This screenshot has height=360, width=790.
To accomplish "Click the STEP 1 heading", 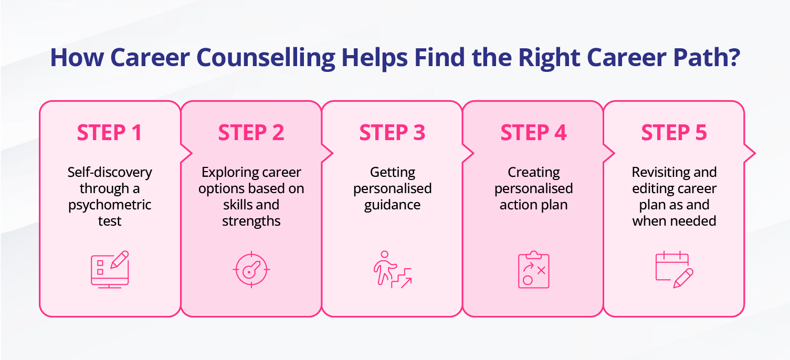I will (x=109, y=133).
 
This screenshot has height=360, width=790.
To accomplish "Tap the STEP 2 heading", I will (x=251, y=133).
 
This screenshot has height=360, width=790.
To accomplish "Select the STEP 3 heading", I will (x=392, y=133).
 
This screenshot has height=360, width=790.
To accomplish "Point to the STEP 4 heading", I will (x=533, y=133).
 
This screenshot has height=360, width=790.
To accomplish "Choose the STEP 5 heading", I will (x=674, y=133).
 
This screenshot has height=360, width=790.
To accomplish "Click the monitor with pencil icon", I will (x=110, y=269).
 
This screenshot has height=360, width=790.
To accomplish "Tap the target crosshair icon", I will (x=251, y=270).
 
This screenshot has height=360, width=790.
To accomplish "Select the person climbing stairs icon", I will (x=392, y=270).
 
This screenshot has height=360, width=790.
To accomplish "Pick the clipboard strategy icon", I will (x=533, y=270).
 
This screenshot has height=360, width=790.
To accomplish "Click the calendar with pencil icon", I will (x=674, y=270).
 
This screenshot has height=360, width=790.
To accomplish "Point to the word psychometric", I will (x=110, y=205).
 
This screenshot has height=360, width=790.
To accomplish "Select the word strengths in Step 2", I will (x=251, y=221).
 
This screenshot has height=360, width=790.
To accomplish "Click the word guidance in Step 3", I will (x=392, y=205).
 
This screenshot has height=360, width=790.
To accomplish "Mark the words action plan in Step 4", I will (x=533, y=205).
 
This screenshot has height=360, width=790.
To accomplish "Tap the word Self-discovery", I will (x=110, y=172).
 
